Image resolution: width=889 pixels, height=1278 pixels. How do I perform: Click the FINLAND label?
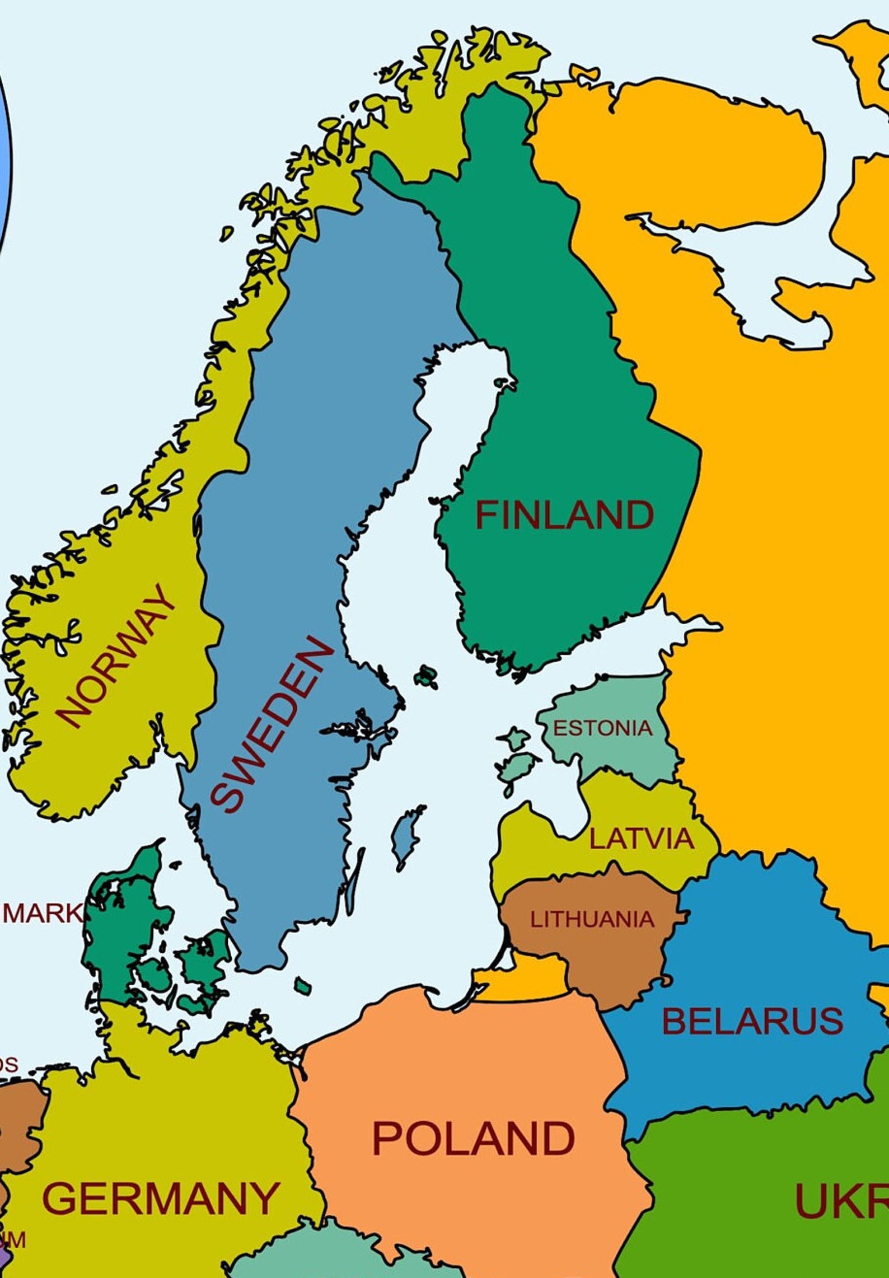(564, 515)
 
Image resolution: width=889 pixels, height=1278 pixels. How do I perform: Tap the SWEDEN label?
(273, 725)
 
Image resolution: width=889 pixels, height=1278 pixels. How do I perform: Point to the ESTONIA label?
(602, 728)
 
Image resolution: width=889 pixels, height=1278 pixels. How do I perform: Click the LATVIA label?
(642, 839)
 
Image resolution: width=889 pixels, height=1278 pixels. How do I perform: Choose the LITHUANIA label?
(592, 919)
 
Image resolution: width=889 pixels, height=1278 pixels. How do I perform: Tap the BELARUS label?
(752, 1020)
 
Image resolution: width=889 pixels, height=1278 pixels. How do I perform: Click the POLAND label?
(473, 1138)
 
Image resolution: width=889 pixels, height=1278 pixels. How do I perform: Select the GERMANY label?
(161, 1198)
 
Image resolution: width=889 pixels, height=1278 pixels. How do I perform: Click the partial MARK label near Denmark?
(42, 913)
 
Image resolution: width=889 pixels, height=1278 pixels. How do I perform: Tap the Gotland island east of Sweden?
(406, 837)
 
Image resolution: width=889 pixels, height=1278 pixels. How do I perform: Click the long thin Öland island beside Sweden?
(353, 884)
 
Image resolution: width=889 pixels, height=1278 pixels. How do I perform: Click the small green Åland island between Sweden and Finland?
(427, 676)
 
